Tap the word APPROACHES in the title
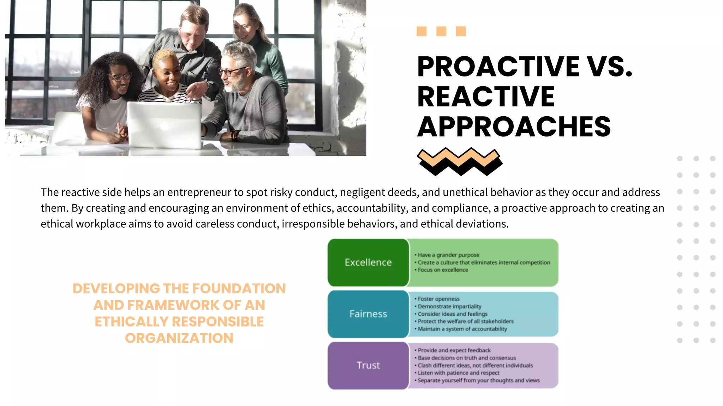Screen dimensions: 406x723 tap(514, 127)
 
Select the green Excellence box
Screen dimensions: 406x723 tap(368, 263)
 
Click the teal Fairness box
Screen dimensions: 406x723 tap(368, 314)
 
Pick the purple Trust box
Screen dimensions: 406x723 tap(368, 365)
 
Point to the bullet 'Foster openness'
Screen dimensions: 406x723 tap(438, 299)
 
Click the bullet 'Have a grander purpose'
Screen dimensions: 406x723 tap(448, 255)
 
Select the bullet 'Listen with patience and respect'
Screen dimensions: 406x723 tap(458, 373)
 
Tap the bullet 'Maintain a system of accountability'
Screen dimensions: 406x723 tap(462, 329)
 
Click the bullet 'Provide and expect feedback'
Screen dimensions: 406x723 tap(454, 350)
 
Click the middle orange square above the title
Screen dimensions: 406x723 tap(441, 31)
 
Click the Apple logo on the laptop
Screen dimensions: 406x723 tap(164, 126)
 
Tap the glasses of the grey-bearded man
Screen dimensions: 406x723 tap(231, 72)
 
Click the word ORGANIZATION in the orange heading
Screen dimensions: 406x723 tap(179, 338)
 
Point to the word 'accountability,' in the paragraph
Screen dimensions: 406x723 tap(371, 208)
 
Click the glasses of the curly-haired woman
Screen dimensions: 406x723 tap(120, 77)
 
